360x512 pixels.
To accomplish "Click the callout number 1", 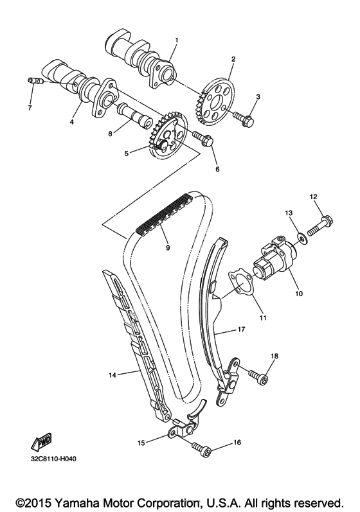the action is click(176, 40).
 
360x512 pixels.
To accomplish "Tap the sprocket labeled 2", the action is click(216, 102).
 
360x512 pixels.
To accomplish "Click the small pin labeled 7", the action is click(34, 80).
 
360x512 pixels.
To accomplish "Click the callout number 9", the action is click(168, 248).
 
